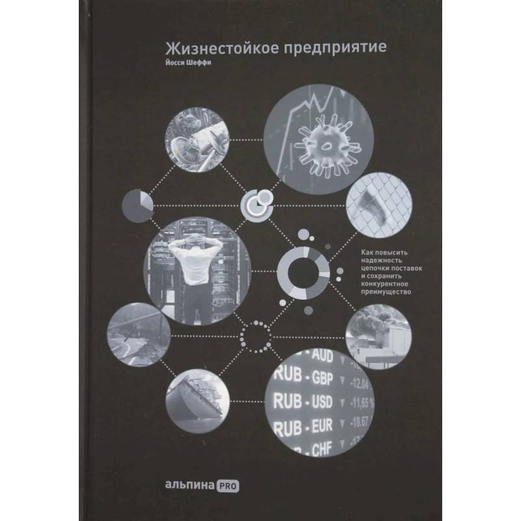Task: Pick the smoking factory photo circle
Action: pyautogui.click(x=378, y=336)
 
